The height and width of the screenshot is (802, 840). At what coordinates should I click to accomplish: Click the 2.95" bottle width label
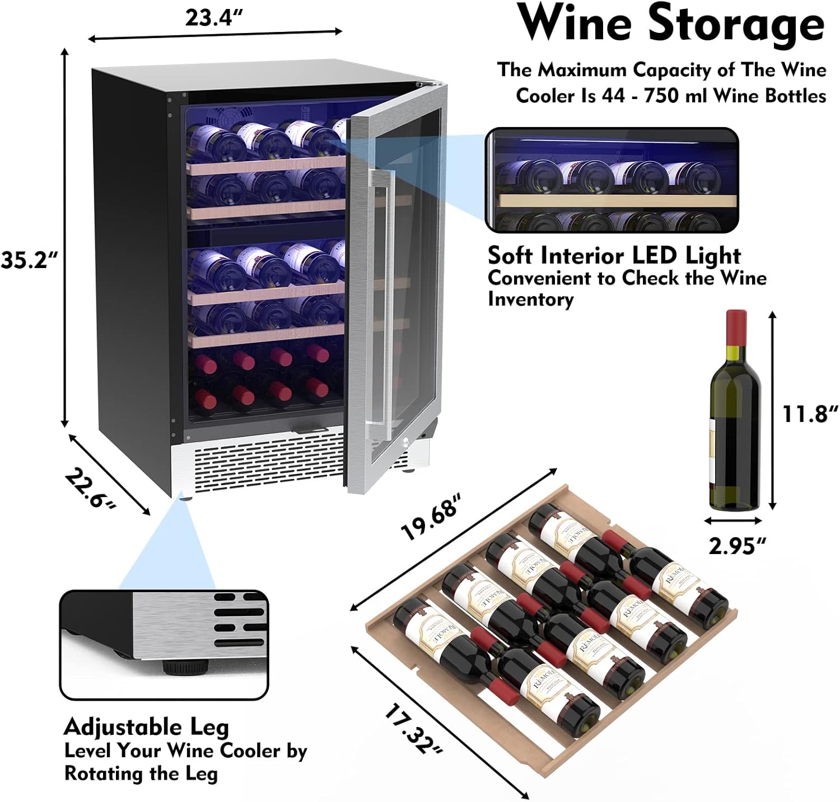[737, 545]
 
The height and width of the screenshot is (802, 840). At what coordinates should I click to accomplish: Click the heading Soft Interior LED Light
[614, 256]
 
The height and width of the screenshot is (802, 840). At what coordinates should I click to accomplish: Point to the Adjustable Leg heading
[146, 727]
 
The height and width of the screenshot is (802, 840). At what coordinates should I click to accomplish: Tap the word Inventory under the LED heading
[530, 299]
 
